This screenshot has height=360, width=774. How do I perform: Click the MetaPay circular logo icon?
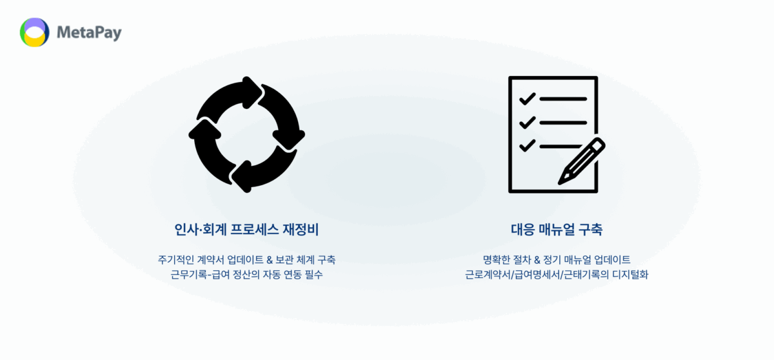click(x=35, y=32)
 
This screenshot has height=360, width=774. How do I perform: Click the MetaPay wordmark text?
click(x=89, y=33)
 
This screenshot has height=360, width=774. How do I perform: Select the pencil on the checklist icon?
click(x=582, y=161)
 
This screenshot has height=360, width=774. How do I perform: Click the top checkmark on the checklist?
click(x=528, y=99)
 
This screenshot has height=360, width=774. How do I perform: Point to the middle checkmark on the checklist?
click(x=528, y=123)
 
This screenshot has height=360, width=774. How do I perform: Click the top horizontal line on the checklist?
click(x=563, y=99)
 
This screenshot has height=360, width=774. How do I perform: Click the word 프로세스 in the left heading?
click(x=254, y=230)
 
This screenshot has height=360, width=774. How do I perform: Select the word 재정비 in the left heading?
click(x=301, y=230)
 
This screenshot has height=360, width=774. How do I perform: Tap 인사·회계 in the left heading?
click(x=201, y=230)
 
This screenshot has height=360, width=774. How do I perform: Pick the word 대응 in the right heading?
click(x=523, y=230)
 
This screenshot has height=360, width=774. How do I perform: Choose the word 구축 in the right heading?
click(x=591, y=230)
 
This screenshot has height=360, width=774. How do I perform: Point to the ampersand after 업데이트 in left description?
click(x=270, y=260)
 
